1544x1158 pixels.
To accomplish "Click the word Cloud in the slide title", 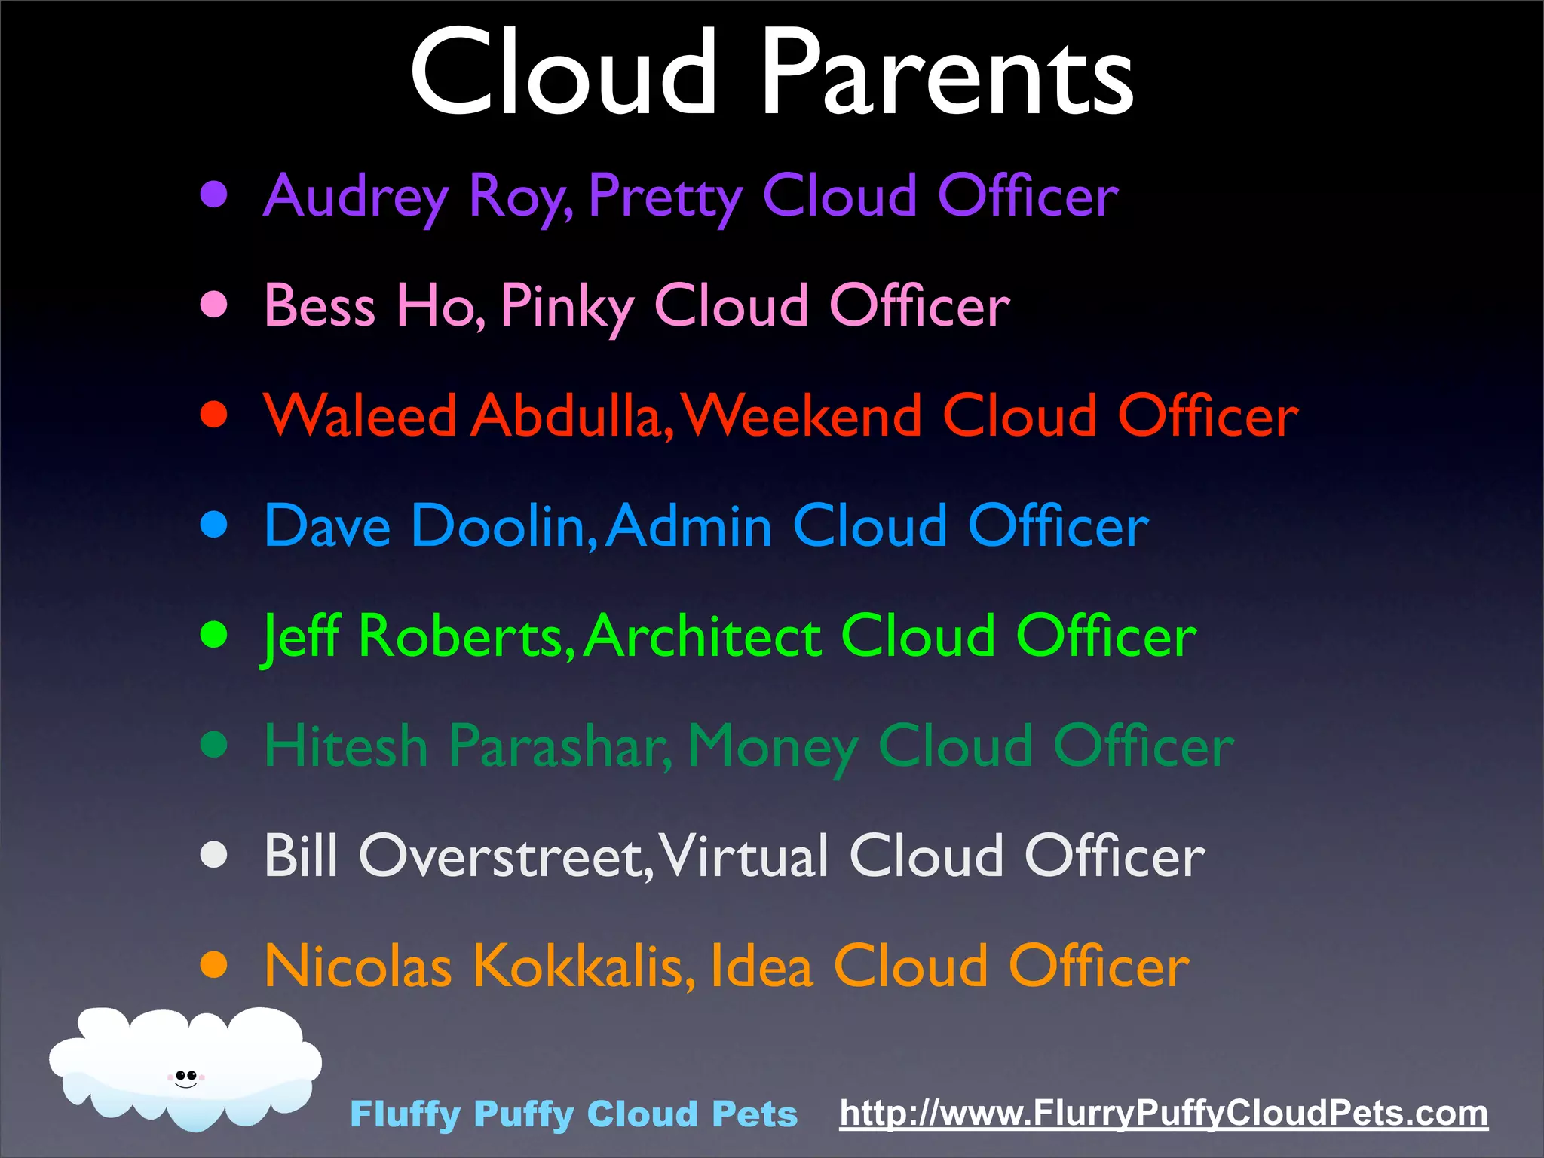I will coord(563,74).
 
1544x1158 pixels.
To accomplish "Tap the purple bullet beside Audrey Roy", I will coord(214,195).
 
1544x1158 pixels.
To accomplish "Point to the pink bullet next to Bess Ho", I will coord(214,305).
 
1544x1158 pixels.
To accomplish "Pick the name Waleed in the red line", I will coord(360,415).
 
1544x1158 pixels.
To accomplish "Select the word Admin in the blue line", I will coord(689,525).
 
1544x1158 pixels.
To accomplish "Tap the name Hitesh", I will coord(346,746).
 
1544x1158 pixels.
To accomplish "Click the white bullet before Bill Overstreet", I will coord(214,855).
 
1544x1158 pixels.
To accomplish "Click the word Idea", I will coord(761,966).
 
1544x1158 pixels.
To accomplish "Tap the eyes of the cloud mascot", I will coord(185,1076).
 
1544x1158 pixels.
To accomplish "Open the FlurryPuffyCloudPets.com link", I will coord(1163,1114).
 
